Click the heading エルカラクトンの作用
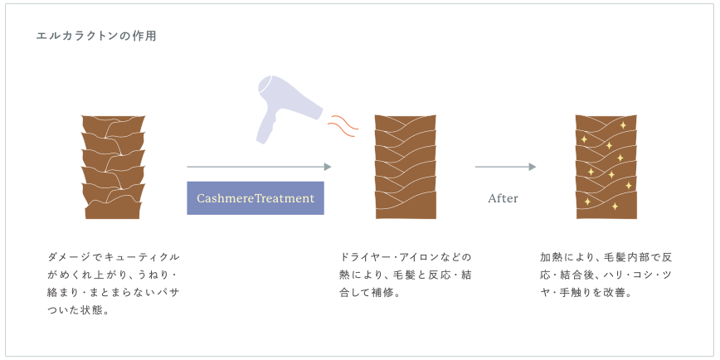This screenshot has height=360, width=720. (x=96, y=36)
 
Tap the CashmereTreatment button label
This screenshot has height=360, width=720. (x=255, y=198)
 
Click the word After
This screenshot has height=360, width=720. (x=503, y=198)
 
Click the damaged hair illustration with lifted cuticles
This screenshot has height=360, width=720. (x=113, y=167)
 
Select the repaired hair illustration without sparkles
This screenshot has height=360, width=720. (x=406, y=167)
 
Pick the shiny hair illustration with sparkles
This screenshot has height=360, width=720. (x=606, y=167)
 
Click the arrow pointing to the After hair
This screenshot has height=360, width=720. (x=505, y=167)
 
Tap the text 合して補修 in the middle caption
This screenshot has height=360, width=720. (x=370, y=293)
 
